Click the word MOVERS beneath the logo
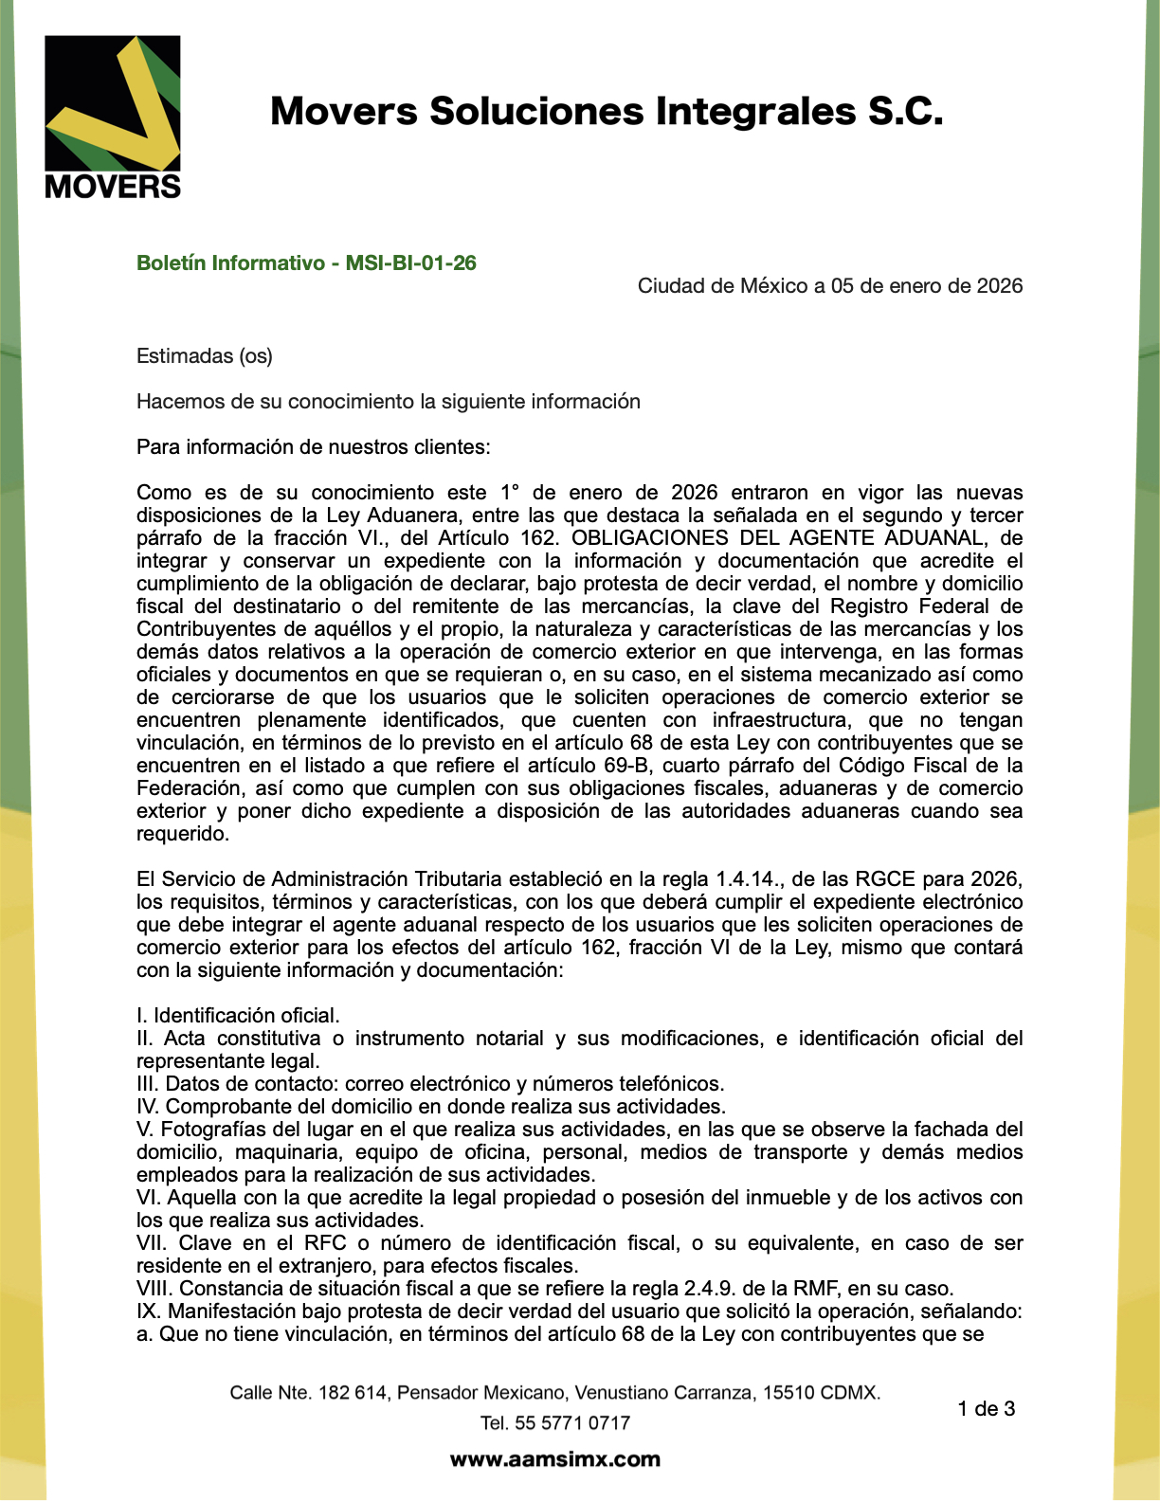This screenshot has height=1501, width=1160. [x=112, y=186]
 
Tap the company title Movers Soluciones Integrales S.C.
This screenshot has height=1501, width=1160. [x=607, y=112]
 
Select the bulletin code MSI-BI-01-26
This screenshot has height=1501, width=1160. [x=410, y=263]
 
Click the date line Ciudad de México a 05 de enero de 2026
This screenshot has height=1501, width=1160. [x=829, y=286]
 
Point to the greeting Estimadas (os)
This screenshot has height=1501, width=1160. [x=204, y=356]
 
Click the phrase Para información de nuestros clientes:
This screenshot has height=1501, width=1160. [x=313, y=447]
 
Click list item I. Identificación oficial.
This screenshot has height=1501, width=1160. [x=238, y=1016]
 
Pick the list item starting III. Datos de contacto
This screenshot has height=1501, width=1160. [x=430, y=1084]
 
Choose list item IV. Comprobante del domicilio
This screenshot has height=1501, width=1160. [x=431, y=1107]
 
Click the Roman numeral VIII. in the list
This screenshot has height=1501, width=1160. [x=154, y=1289]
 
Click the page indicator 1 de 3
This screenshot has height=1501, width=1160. [x=986, y=1409]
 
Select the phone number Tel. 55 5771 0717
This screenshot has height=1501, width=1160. [x=554, y=1423]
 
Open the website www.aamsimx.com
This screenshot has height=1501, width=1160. [x=554, y=1459]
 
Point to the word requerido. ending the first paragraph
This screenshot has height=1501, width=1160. [x=182, y=834]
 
